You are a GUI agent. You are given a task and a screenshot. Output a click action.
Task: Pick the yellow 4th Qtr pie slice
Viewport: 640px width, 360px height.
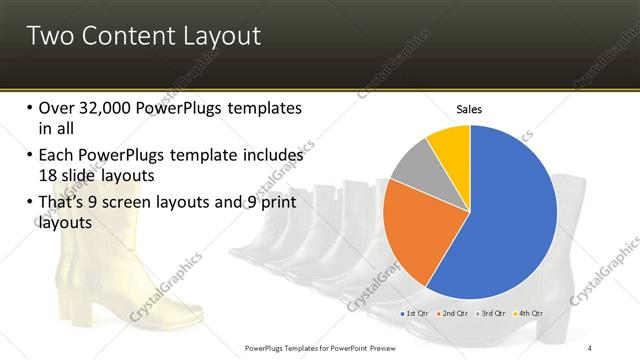tap(450, 144)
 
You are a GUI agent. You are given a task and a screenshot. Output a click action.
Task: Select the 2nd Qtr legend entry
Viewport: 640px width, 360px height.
tap(455, 314)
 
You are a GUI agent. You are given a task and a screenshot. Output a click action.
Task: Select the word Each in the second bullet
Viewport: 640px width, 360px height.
tap(57, 155)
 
